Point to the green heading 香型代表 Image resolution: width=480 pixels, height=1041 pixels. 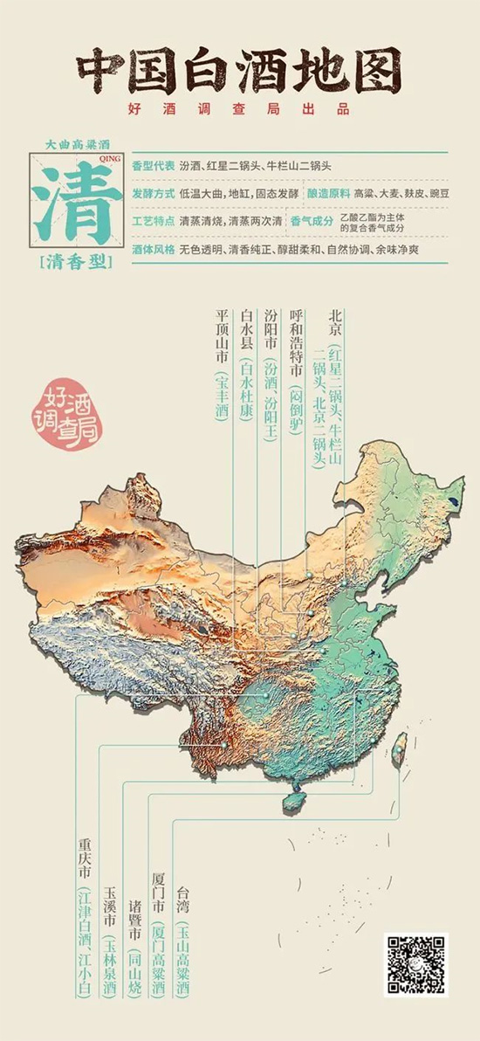point(153,166)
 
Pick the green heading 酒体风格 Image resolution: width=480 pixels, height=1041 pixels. point(153,248)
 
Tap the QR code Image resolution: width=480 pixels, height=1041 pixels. point(415,964)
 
